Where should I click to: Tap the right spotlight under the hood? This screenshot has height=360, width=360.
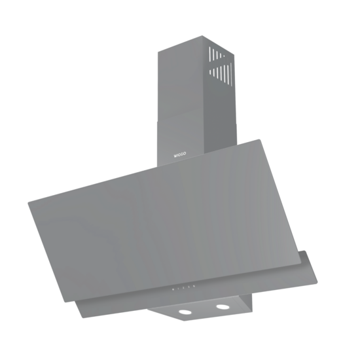224,307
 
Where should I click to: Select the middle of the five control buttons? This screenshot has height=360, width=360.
183,287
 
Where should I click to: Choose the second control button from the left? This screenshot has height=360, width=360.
177,288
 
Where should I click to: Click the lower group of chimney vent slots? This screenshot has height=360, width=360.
221,71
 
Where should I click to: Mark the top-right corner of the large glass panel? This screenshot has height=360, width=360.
263,139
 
